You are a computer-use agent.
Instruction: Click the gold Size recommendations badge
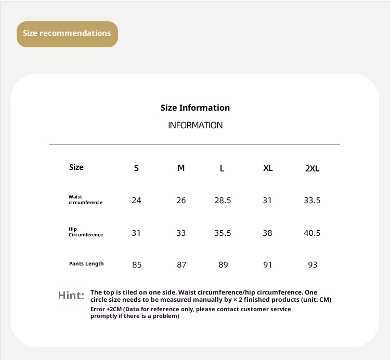[67, 34]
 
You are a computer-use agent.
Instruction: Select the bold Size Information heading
[195, 108]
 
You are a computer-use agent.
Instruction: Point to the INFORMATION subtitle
[195, 125]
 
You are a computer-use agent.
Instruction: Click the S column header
[136, 168]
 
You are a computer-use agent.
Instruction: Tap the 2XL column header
[312, 168]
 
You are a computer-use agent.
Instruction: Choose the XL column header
[268, 168]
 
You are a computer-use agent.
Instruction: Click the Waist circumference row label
[85, 200]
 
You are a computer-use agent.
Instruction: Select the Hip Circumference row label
[85, 232]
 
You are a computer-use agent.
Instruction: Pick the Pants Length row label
[86, 264]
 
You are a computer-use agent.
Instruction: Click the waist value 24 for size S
[136, 201]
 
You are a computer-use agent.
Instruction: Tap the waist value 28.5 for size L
[223, 201]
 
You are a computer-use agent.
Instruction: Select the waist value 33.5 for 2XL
[312, 201]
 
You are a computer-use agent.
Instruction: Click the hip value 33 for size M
[181, 233]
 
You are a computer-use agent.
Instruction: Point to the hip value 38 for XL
[267, 233]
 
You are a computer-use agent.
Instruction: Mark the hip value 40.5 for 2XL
[312, 233]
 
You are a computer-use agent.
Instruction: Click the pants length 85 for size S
[137, 265]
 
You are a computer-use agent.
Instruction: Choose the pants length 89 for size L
[223, 265]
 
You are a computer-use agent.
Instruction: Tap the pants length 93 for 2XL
[313, 265]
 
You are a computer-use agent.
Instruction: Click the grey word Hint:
[71, 296]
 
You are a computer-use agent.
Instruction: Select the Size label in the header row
[76, 167]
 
